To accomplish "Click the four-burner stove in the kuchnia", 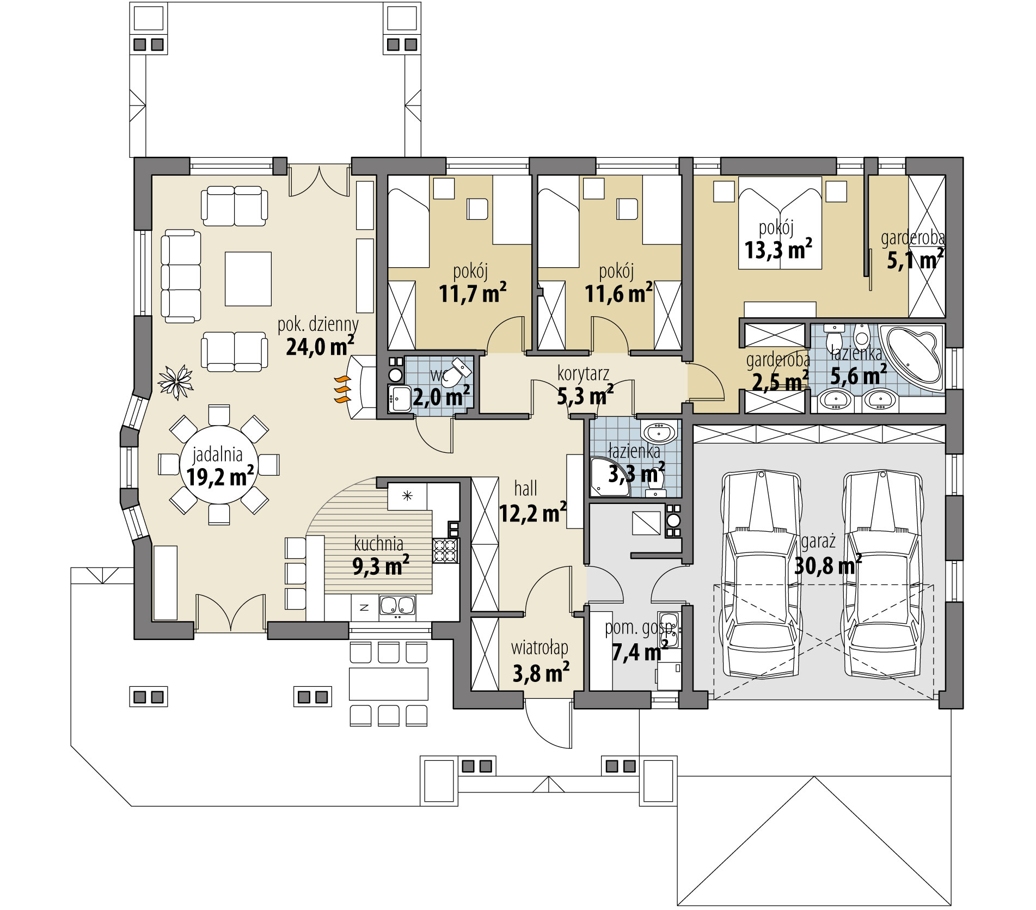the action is click(446, 550).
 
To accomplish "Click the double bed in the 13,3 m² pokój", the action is click(780, 223).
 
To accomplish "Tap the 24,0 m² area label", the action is click(320, 345).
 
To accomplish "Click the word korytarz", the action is click(583, 374).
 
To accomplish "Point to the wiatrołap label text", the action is click(540, 648).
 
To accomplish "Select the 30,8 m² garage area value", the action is click(827, 565).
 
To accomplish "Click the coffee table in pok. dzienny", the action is click(248, 279).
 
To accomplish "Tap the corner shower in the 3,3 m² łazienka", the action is click(610, 477).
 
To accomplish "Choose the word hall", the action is click(525, 489).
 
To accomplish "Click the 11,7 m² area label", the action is click(473, 293).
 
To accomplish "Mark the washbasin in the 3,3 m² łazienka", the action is click(659, 432).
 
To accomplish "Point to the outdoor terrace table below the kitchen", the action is click(388, 684).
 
